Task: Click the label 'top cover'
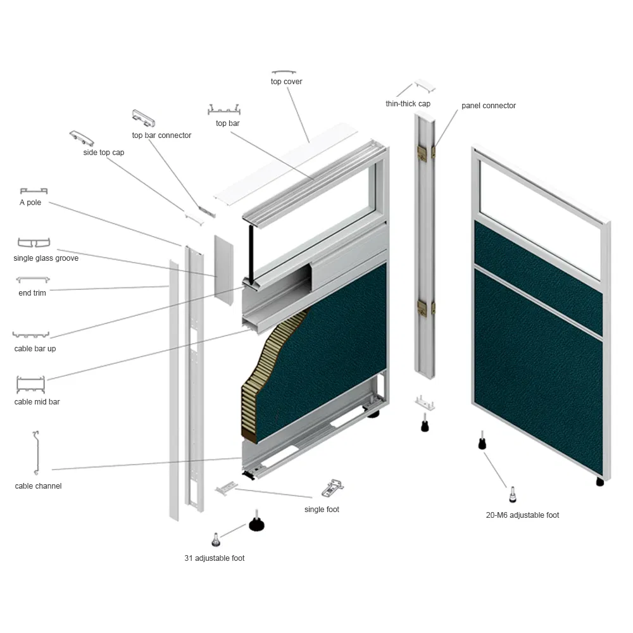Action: click(286, 82)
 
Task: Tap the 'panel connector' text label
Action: click(489, 106)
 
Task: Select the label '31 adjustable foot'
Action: click(215, 558)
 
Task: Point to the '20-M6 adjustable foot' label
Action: click(522, 515)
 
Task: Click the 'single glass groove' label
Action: click(46, 258)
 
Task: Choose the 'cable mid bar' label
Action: click(37, 402)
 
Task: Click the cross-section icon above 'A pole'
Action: click(34, 191)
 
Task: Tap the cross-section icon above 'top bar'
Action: click(224, 110)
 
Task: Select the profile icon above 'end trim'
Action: click(33, 279)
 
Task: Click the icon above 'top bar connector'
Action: click(143, 118)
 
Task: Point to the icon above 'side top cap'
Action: click(82, 138)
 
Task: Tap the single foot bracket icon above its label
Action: click(333, 487)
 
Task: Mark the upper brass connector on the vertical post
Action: click(422, 153)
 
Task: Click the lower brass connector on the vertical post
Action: click(422, 308)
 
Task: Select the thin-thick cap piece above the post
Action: click(425, 85)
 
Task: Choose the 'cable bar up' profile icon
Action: click(30, 335)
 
